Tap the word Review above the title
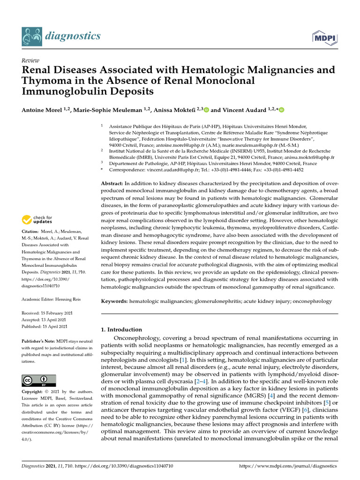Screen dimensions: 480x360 tap(30, 60)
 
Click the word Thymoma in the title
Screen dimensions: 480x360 tap(44, 80)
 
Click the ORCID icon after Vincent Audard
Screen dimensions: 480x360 tap(282, 110)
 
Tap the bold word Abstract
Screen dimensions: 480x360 tap(112, 183)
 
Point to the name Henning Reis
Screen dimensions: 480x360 tap(69, 299)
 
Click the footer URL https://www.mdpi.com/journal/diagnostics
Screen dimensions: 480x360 tap(288, 466)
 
